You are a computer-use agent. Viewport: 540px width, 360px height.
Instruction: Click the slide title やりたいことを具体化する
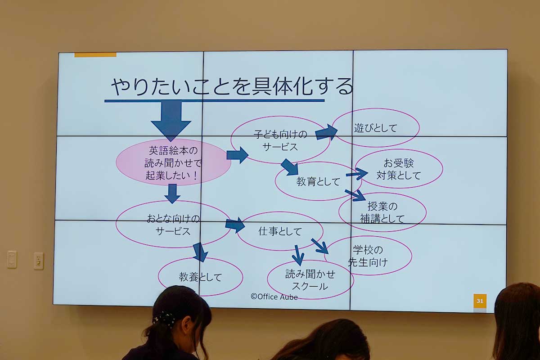(x=232, y=86)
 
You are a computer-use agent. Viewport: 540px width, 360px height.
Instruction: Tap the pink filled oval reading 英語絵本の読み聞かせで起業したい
(x=173, y=162)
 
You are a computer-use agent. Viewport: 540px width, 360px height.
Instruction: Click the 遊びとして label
(x=375, y=128)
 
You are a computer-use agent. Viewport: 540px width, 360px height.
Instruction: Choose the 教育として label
(x=318, y=181)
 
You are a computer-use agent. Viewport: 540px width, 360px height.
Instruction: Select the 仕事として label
(x=280, y=231)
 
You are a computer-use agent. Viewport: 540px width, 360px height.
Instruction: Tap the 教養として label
(x=200, y=277)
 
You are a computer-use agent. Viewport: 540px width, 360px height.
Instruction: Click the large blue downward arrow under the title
(x=171, y=121)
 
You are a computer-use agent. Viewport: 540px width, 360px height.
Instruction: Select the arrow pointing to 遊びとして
(x=326, y=132)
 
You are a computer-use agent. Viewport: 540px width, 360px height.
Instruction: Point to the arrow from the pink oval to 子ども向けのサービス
(x=238, y=155)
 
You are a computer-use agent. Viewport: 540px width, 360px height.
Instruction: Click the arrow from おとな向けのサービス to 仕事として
(x=235, y=225)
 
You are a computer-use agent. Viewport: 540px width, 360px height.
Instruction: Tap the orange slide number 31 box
(x=480, y=301)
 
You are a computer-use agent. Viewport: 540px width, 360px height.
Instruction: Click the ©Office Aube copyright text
(x=274, y=297)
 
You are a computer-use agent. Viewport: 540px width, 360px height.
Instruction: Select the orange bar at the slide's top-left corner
(x=95, y=54)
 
